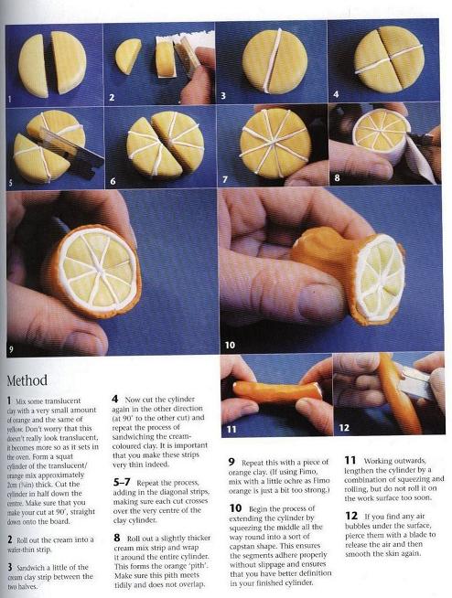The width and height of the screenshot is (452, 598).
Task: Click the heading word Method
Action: point(27,380)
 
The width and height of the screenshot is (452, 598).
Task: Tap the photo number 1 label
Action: point(9,100)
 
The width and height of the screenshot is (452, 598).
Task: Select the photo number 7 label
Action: point(225,179)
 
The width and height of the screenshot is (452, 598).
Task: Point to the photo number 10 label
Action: point(230,345)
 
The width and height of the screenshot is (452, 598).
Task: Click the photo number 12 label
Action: point(344,428)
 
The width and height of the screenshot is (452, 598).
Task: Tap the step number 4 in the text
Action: point(115,399)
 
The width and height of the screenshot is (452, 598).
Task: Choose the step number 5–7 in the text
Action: point(122,483)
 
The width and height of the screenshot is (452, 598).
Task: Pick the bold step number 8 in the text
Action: point(117,538)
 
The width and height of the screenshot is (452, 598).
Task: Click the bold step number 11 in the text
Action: point(350,460)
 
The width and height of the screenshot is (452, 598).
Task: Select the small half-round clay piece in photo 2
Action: point(128,55)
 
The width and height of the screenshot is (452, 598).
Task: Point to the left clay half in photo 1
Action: point(33,65)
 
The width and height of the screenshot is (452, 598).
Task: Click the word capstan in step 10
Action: point(242,546)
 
